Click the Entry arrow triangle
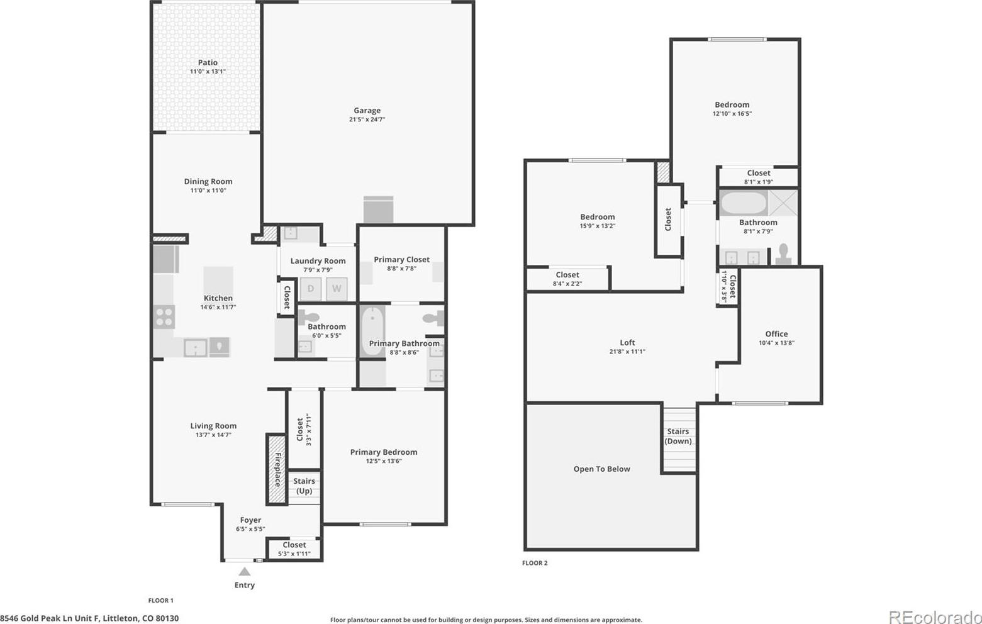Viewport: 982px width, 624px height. click(245, 571)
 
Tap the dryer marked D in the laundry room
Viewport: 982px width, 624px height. click(311, 288)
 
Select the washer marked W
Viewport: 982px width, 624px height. click(337, 288)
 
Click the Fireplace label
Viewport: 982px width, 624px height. click(277, 469)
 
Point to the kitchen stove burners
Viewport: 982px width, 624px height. click(164, 317)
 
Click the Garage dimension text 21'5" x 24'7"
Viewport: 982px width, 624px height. click(367, 120)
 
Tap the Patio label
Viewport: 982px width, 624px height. click(208, 62)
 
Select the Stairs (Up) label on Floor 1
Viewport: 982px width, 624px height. click(304, 486)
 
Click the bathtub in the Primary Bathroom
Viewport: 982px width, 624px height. click(372, 331)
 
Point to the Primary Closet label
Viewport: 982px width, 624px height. click(401, 260)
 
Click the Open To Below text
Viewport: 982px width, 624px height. click(601, 469)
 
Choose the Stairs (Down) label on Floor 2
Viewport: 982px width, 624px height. click(678, 437)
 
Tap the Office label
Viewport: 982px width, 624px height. click(776, 334)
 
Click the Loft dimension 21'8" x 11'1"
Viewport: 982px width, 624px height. click(627, 351)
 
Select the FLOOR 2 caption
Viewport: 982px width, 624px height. click(535, 563)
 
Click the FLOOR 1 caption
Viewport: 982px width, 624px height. click(161, 600)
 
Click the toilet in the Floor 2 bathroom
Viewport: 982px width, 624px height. click(783, 254)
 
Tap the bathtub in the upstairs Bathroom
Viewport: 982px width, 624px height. click(744, 203)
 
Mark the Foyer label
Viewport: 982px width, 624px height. click(250, 520)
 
